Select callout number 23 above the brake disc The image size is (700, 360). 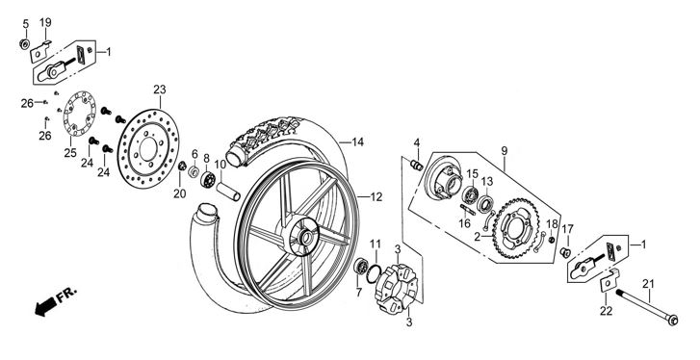[160, 90]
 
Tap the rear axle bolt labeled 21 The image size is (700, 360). [647, 306]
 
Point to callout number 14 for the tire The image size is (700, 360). [357, 142]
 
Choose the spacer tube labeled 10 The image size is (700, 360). [228, 191]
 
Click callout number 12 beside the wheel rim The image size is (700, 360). [376, 196]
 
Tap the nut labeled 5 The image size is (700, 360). [25, 43]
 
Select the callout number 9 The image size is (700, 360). [504, 151]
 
